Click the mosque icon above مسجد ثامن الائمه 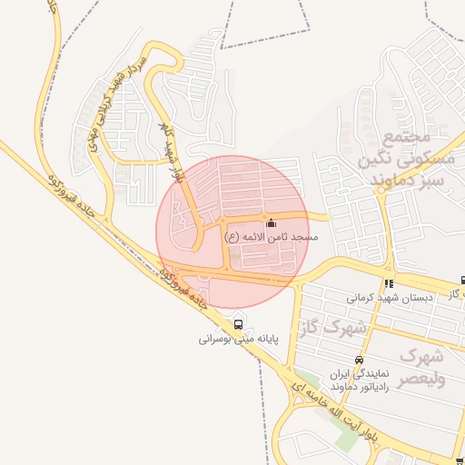click(270, 223)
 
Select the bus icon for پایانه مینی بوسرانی click(239, 325)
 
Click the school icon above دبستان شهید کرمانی click(390, 283)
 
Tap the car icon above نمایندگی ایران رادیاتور click(360, 360)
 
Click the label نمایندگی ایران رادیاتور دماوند click(360, 380)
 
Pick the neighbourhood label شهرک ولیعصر click(422, 367)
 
